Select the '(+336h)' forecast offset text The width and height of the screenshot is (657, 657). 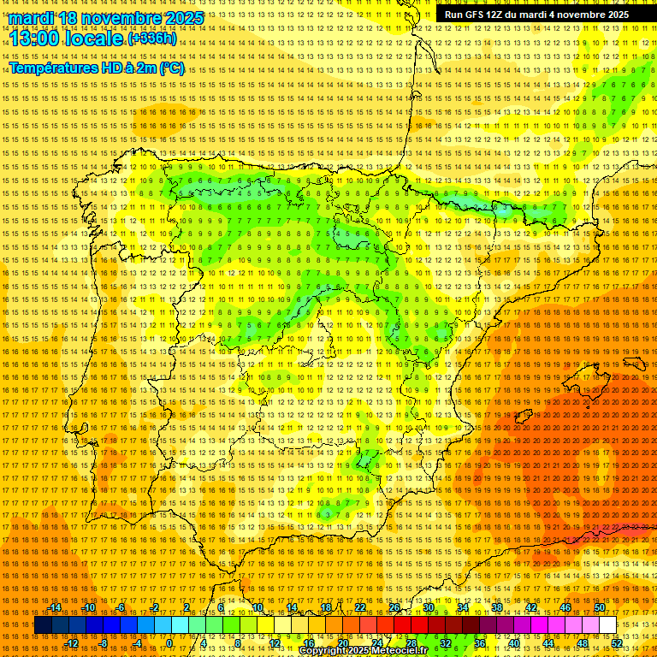[152, 39]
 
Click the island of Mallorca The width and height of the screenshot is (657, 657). [588, 379]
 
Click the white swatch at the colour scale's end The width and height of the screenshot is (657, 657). [607, 625]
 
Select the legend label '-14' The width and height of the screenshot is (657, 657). [55, 607]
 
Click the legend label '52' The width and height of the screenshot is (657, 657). [617, 643]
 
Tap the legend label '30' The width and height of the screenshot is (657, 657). [429, 607]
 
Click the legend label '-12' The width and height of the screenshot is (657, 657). [72, 643]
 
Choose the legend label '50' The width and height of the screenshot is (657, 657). [600, 607]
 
